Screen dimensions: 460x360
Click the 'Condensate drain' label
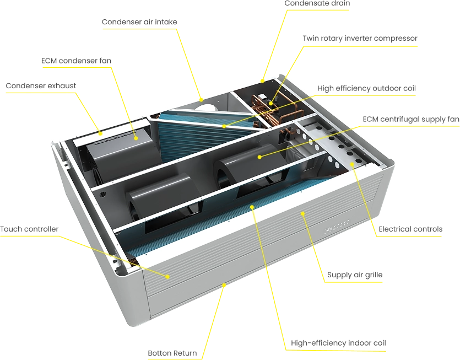click(317, 3)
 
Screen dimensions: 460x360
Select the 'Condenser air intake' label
click(139, 22)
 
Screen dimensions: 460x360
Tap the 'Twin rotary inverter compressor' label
click(360, 39)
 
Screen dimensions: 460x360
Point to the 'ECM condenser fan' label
click(76, 61)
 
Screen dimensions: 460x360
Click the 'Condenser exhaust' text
click(41, 86)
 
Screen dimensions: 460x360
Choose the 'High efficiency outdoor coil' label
click(367, 88)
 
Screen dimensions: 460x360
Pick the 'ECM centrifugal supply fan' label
click(411, 119)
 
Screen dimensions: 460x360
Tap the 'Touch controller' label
click(29, 229)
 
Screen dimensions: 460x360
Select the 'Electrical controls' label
click(410, 229)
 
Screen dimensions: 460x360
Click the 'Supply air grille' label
click(355, 275)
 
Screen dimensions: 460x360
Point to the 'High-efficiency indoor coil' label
click(338, 343)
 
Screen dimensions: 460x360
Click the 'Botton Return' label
click(172, 353)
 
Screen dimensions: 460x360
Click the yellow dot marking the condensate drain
click(263, 80)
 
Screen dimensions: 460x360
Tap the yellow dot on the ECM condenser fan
click(136, 138)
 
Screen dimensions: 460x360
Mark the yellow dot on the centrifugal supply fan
click(259, 157)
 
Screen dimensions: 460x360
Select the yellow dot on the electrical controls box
click(351, 164)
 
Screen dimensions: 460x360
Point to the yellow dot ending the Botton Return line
click(224, 285)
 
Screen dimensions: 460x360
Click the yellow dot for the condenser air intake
click(201, 100)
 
